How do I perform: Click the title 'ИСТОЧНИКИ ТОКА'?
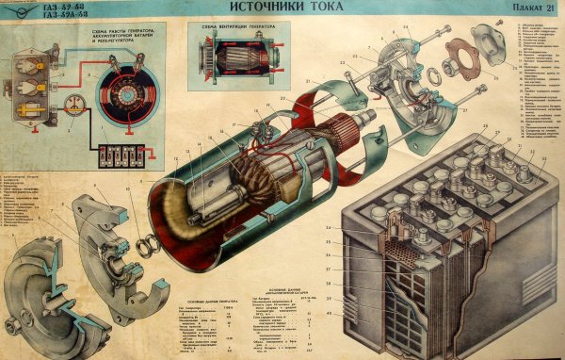[282, 8]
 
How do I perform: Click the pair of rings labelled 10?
[147, 247]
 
